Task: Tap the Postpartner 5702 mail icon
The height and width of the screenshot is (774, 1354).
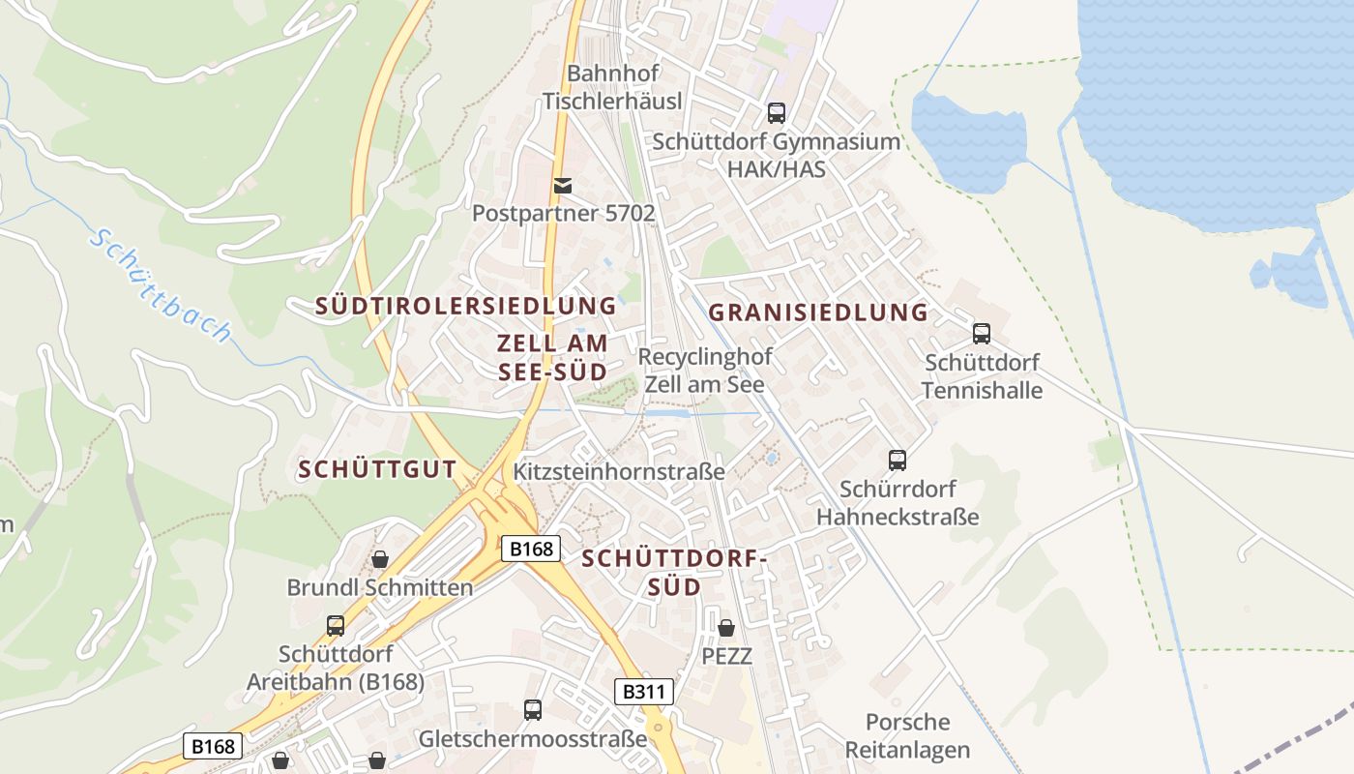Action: point(562,185)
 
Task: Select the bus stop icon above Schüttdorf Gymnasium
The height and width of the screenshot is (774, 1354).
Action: point(776,113)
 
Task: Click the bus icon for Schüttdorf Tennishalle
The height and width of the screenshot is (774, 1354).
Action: point(982,334)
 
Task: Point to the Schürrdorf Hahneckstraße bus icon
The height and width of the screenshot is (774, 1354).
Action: point(898,461)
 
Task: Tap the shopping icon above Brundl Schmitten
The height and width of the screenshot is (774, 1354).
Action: point(380,559)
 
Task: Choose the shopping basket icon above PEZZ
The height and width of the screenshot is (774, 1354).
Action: point(726,628)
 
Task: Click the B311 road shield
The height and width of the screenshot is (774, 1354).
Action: point(644,692)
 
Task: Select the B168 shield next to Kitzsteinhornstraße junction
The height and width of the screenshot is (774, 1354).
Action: point(531,549)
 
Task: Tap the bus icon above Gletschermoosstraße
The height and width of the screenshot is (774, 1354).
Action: point(533,710)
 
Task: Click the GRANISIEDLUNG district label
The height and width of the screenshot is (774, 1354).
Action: point(818,313)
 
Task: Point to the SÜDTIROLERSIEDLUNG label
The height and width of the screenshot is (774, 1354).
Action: point(465,306)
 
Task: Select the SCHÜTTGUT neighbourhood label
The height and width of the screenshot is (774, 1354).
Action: point(377,469)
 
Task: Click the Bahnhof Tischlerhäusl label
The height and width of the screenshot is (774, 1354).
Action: point(612,87)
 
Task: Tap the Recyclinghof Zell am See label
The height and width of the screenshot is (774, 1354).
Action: point(705,371)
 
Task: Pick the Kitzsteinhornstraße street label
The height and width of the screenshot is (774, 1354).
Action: point(619,472)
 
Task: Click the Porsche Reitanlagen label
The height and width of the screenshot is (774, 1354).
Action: point(907,735)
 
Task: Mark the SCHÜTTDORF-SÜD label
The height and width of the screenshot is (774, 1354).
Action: point(674,572)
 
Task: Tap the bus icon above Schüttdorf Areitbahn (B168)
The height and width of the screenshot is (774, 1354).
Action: point(336,625)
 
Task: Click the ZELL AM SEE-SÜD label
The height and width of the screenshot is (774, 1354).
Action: point(552,357)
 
